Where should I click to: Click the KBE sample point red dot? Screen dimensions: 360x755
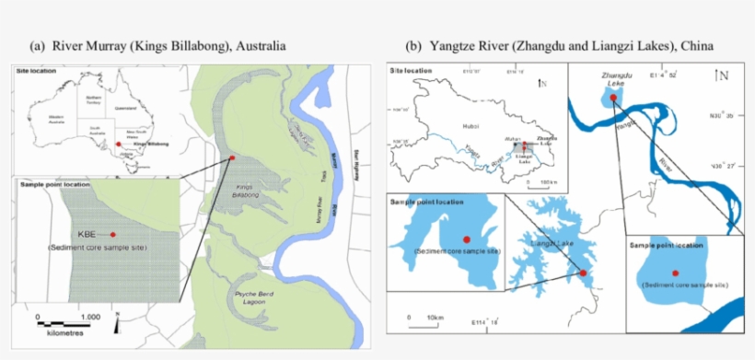pos(112,235)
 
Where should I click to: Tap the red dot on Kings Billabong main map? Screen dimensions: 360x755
pos(232,158)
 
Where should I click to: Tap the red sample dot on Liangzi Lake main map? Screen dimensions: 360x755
pos(582,273)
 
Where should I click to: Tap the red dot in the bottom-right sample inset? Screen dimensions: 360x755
pos(675,273)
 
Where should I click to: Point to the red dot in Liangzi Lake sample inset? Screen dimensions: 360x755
pos(466,239)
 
